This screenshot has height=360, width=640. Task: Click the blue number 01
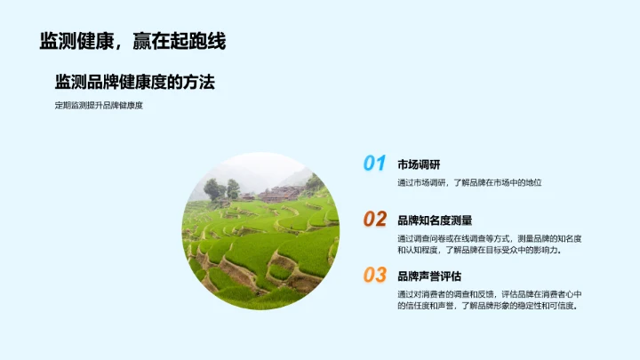tap(374, 164)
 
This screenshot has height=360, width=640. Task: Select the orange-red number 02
tap(374, 220)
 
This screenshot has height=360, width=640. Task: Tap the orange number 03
tap(374, 276)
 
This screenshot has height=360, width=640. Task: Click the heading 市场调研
tap(419, 164)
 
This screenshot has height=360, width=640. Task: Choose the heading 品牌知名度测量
tap(435, 220)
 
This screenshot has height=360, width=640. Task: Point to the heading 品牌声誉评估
tap(429, 276)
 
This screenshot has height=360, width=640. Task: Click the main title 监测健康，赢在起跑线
tap(132, 41)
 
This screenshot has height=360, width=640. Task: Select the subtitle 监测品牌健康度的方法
tap(135, 82)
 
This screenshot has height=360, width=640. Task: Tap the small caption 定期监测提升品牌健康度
tap(99, 106)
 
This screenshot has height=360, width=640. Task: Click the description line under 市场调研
tap(469, 182)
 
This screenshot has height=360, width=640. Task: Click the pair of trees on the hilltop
tap(221, 188)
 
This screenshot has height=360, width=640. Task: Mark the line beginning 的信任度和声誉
tap(487, 306)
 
